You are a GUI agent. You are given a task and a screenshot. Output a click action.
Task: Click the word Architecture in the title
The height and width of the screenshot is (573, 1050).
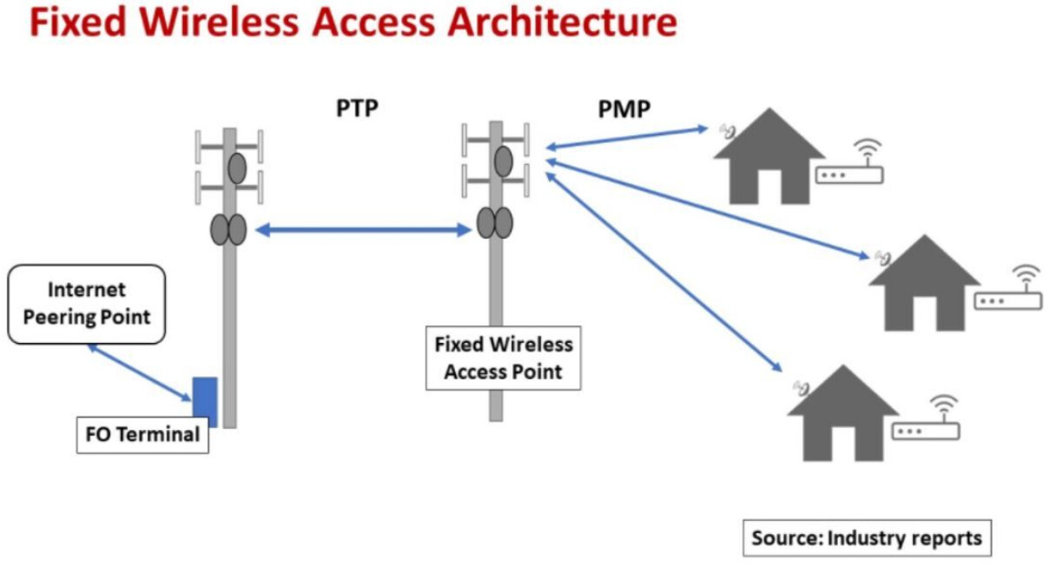coord(561,23)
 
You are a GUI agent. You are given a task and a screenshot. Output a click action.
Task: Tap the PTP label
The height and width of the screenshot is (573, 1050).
coord(358,109)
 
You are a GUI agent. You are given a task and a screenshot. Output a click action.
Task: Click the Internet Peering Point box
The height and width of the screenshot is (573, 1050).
coord(86,304)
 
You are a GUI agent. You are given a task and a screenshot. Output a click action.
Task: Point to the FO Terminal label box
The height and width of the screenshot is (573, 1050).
coord(142,435)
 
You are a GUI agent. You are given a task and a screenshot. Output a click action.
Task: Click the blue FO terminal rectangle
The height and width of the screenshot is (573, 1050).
coord(204,402)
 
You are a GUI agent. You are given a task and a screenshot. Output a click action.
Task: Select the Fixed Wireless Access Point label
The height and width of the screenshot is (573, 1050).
coord(504,358)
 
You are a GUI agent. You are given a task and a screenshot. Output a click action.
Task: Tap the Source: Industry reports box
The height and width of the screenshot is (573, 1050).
coord(866,537)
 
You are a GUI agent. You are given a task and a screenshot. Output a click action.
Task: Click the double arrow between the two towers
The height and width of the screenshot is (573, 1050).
coord(362,230)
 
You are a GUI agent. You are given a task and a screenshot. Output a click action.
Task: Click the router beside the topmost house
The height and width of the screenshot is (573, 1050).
coord(849,173)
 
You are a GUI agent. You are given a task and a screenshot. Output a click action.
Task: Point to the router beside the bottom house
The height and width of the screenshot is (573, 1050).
coord(927,429)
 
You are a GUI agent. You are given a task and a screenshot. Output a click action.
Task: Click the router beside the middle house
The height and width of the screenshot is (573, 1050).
coord(1007,300)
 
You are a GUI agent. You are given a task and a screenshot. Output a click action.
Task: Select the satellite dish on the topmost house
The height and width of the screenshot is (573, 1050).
coord(728,132)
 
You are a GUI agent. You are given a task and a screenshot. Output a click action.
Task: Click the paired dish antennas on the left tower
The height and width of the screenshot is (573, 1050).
coord(228,230)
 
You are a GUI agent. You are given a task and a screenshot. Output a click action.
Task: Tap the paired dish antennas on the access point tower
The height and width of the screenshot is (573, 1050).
coord(494,222)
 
